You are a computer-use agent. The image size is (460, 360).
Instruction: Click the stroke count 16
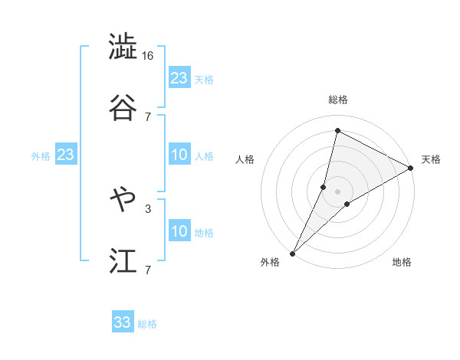click(x=148, y=56)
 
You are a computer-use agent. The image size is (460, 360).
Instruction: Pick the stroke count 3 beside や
click(x=148, y=208)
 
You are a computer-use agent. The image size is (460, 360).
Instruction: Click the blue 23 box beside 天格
click(x=179, y=78)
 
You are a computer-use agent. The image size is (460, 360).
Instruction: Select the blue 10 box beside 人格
click(x=179, y=155)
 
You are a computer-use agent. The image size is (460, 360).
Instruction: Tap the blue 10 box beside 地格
click(x=179, y=231)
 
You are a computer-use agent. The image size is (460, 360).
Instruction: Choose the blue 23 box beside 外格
click(x=65, y=155)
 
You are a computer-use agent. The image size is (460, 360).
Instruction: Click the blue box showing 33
click(x=123, y=322)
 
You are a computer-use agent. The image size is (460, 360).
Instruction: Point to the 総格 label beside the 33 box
click(x=147, y=324)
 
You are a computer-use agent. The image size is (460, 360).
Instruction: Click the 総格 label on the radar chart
click(x=337, y=100)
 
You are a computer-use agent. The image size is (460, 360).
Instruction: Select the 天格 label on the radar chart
click(x=431, y=159)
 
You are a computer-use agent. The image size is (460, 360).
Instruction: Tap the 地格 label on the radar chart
click(x=402, y=262)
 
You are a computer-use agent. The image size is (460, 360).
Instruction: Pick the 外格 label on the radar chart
click(x=270, y=262)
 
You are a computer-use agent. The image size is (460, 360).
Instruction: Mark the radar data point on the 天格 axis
click(x=411, y=168)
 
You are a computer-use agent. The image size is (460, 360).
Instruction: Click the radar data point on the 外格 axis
click(x=292, y=253)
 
